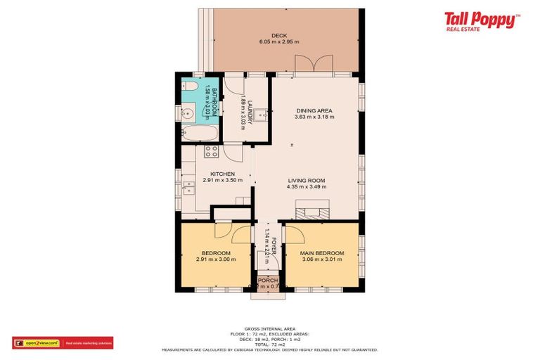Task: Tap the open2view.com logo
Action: point(36,343)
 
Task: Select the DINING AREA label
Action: point(314,110)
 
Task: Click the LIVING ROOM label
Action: point(307,180)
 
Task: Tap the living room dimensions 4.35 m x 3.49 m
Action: point(307,186)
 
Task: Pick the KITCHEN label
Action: point(222,174)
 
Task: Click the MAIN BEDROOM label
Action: point(322,253)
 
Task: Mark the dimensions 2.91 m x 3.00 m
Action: point(216,259)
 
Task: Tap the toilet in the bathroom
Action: point(191,87)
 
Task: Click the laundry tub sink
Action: point(260,113)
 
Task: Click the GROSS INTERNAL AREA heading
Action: point(269,328)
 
